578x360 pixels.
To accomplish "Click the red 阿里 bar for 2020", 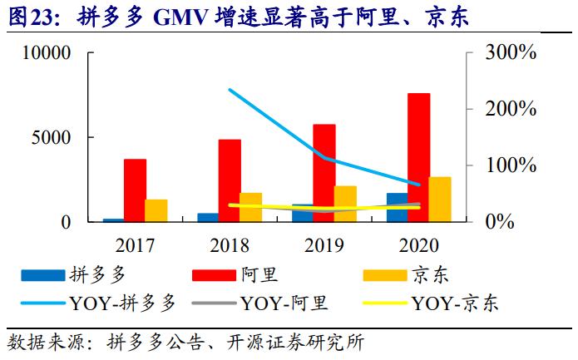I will (418, 157).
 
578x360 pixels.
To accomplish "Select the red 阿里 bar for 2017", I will (135, 190).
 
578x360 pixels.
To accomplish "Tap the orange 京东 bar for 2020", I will (440, 200).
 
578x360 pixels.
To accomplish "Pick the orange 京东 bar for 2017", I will (156, 210).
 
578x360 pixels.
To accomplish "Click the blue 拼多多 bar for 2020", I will (398, 208).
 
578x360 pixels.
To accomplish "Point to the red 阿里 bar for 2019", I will (324, 173).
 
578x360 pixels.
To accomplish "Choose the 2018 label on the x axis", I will (229, 245).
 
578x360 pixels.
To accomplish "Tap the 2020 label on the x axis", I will (417, 245).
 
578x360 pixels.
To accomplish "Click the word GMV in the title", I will (185, 17).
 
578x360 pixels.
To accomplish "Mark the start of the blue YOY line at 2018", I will (230, 90).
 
